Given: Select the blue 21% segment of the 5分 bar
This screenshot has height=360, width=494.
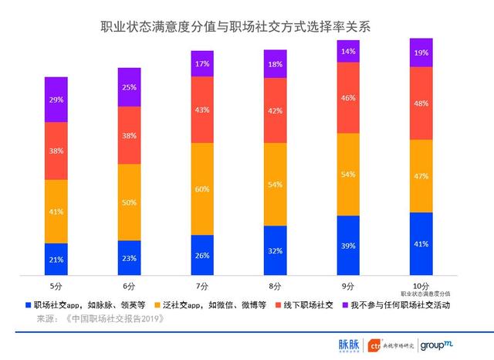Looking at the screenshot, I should [56, 259].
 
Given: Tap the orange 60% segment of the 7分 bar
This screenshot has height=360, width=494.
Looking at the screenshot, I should [201, 188].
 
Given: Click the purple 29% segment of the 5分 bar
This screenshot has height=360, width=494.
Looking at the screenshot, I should [56, 100].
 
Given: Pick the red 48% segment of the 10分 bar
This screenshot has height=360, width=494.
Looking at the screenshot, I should [421, 104].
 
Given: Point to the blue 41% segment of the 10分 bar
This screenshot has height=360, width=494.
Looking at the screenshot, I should [421, 243].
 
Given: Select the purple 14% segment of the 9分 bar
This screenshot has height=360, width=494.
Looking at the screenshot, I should [348, 51].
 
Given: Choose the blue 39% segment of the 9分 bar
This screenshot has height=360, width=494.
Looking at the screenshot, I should [348, 245].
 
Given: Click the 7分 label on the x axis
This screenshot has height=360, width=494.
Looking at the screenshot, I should [201, 285].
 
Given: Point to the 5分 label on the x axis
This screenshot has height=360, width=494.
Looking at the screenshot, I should [56, 285].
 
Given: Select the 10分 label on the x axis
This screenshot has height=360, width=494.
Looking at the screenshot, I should [421, 285].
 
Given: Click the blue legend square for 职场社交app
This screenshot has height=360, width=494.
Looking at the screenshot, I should [29, 305].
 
